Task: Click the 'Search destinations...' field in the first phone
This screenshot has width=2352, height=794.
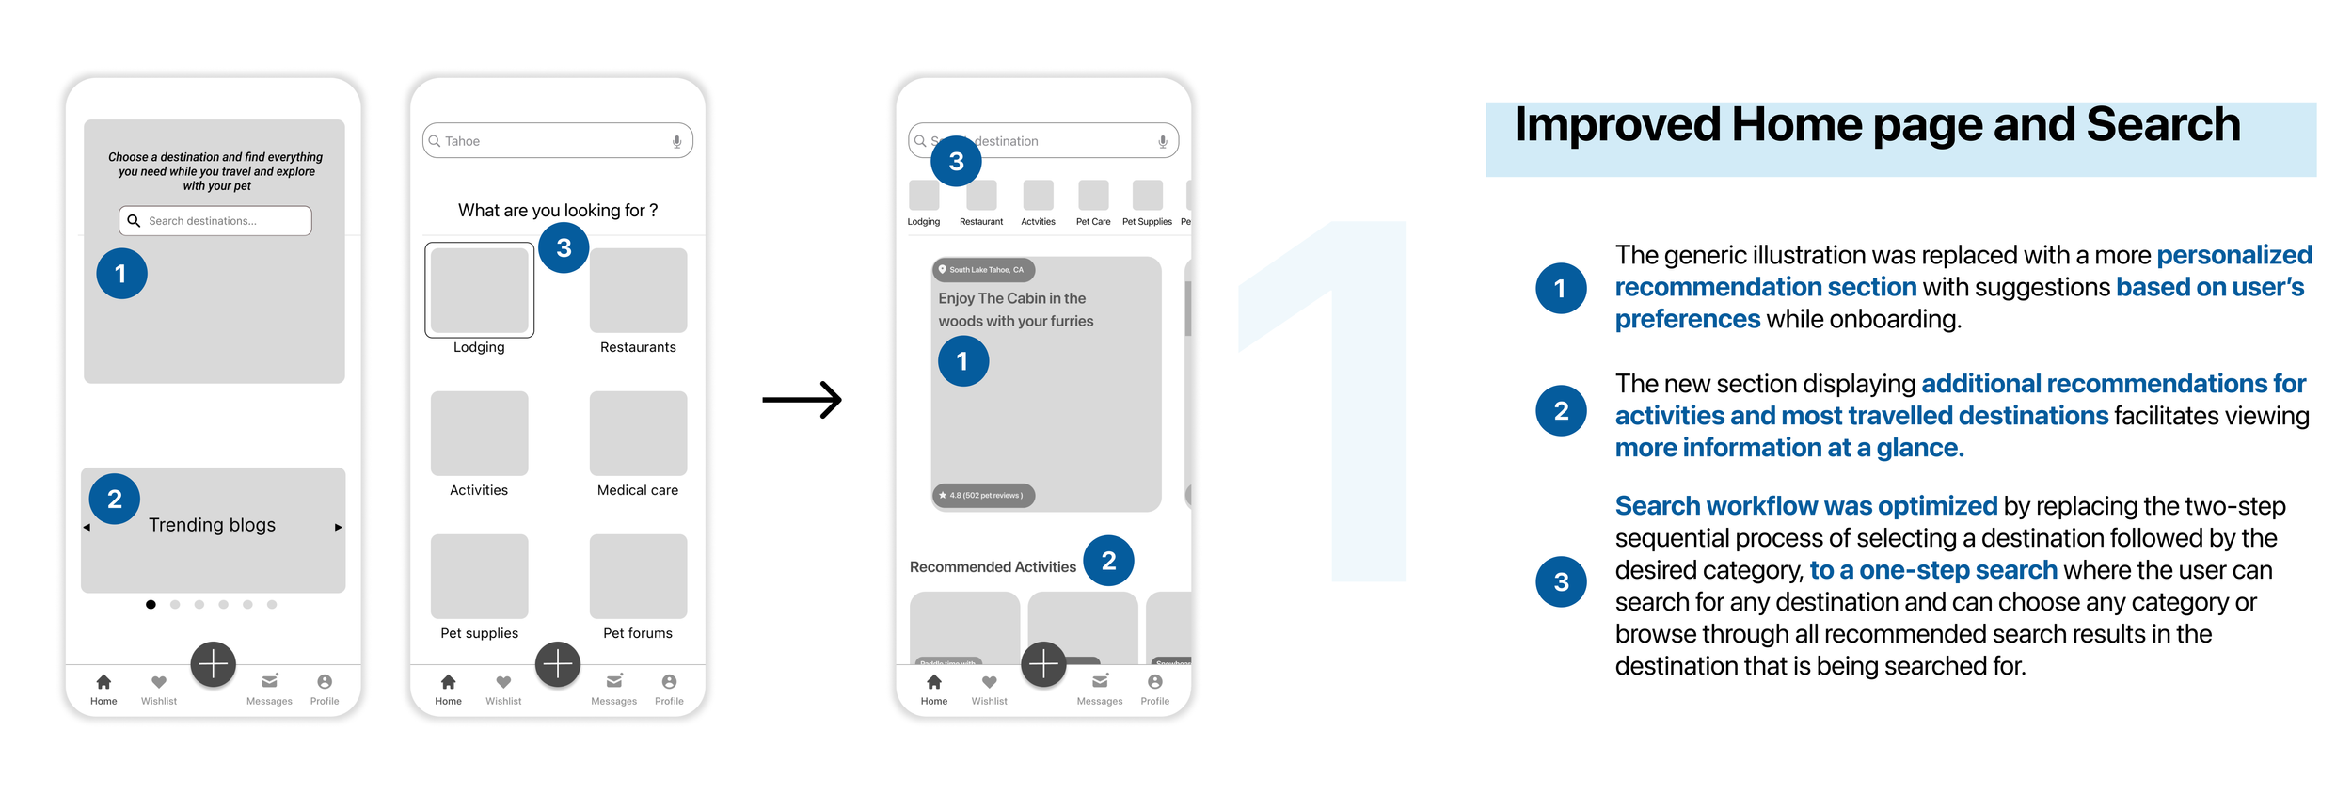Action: coord(215,221)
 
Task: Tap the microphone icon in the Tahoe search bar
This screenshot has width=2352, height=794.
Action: coord(676,141)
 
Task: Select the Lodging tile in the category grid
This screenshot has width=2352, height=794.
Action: coord(479,290)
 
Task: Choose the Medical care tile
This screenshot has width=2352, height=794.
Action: coord(638,434)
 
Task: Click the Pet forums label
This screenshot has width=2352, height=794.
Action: coord(638,633)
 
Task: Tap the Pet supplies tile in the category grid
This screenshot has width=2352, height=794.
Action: coord(479,576)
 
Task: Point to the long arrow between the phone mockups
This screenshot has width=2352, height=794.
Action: coord(802,400)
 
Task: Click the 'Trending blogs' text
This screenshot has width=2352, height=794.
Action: coord(212,525)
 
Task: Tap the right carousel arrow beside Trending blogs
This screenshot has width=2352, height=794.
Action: coord(339,527)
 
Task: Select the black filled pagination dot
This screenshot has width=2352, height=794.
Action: coord(151,605)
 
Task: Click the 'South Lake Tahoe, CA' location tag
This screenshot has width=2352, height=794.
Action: coord(983,270)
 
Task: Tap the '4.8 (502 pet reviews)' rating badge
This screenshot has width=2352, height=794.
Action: coord(983,495)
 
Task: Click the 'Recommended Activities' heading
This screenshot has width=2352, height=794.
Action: coord(993,567)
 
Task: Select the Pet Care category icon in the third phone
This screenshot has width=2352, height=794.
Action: coord(1093,196)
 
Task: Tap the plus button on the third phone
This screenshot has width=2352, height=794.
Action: coord(1043,665)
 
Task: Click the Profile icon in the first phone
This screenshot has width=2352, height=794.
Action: coord(325,682)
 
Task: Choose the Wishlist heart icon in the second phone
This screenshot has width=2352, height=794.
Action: coord(503,682)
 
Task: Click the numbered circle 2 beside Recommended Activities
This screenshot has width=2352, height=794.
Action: coord(1108,561)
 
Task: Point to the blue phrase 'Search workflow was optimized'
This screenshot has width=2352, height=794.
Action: coord(1805,506)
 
